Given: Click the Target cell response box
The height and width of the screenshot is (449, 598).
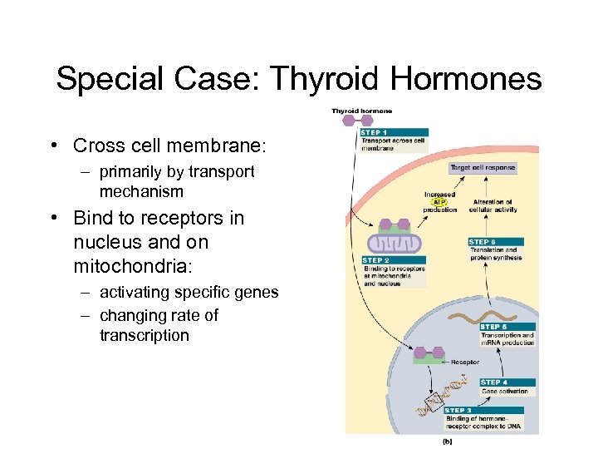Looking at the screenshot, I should pyautogui.click(x=483, y=168).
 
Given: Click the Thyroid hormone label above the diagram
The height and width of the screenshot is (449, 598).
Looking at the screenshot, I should pyautogui.click(x=362, y=111).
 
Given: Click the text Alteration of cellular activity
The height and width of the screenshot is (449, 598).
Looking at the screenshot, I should pyautogui.click(x=494, y=205).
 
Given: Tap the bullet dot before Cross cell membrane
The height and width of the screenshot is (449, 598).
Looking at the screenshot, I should pyautogui.click(x=52, y=146).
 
